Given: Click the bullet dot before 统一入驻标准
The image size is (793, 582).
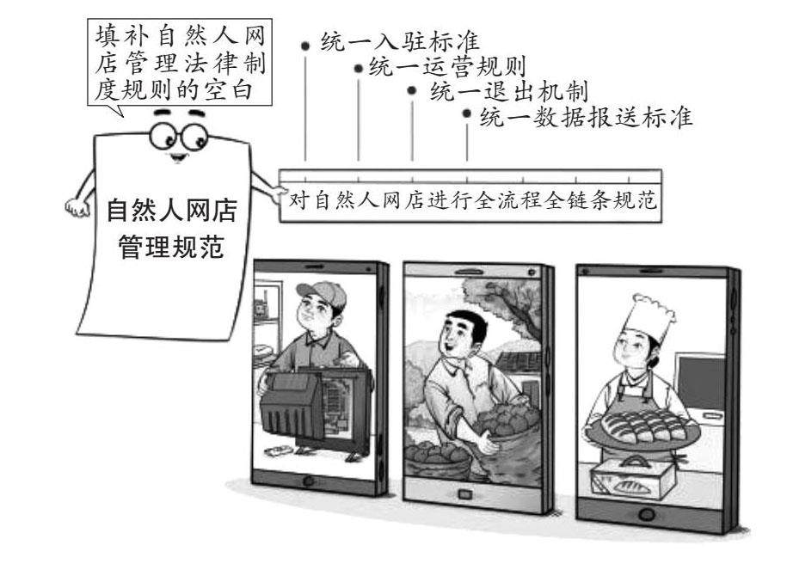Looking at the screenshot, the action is click(x=305, y=42).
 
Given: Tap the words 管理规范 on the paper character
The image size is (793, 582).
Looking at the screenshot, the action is click(x=170, y=249).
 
